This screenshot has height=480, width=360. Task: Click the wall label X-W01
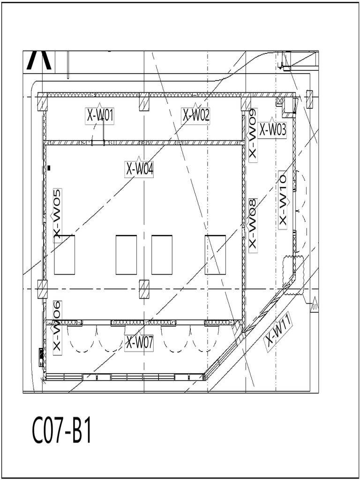[100, 115]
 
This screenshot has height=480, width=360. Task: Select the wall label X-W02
[195, 115]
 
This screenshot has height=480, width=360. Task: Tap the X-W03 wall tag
[272, 130]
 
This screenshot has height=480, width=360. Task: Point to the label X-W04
[139, 169]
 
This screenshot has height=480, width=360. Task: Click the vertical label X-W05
[57, 213]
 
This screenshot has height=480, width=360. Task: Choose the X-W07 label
[140, 343]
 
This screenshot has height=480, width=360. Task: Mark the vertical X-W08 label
[253, 224]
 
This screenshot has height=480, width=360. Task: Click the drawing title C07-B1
[61, 431]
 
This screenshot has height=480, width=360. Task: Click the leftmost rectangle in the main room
[64, 255]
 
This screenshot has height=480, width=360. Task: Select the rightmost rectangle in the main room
[215, 255]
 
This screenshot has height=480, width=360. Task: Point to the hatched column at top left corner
[42, 102]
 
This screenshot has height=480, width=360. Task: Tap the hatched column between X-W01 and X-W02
[144, 102]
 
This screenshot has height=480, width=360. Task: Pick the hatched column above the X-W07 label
[144, 289]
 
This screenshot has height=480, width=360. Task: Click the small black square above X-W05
[49, 167]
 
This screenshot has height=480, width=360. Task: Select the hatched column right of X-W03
[309, 99]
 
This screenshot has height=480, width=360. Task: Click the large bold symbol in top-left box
[39, 60]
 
